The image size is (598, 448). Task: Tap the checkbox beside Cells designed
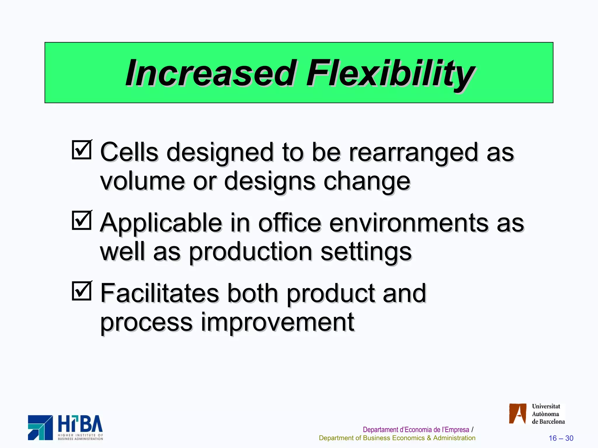[x=82, y=150]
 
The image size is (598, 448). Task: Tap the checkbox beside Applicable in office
[x=82, y=220]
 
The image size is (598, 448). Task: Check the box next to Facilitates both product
[x=82, y=291]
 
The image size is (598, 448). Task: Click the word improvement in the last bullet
[x=277, y=323]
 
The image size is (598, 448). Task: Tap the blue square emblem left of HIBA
[x=40, y=428]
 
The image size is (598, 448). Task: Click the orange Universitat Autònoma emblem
[x=517, y=414]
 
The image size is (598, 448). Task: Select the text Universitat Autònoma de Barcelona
[x=548, y=414]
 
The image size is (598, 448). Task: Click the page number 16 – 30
[x=561, y=438]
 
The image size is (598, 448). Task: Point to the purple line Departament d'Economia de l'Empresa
[x=416, y=430]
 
